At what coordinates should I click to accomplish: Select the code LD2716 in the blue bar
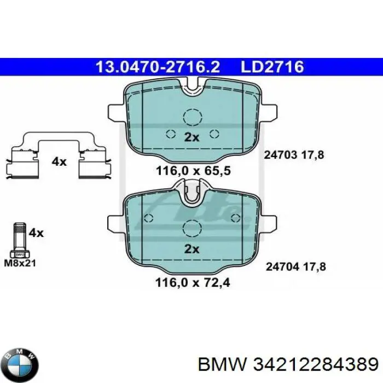click(x=272, y=67)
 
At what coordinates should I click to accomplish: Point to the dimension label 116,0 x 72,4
click(x=191, y=283)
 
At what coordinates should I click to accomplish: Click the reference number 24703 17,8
click(x=294, y=155)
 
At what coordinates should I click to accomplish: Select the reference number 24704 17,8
click(x=295, y=267)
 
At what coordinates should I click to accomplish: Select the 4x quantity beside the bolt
click(x=36, y=233)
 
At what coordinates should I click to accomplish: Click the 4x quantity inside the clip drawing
click(x=59, y=161)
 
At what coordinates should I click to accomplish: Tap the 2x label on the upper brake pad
click(x=191, y=138)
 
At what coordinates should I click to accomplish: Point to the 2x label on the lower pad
click(x=191, y=249)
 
